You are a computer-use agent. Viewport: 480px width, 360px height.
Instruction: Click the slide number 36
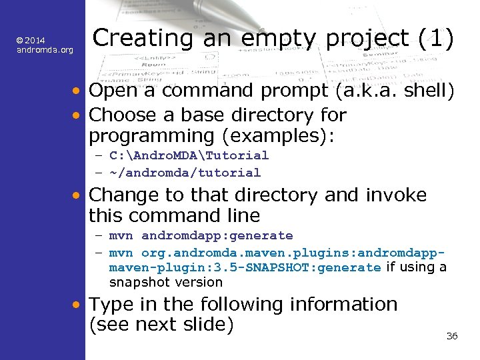tap(451, 336)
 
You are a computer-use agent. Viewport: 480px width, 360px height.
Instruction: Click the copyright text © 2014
tap(31, 41)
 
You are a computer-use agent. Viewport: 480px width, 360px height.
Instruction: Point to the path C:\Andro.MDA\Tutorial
tap(189, 155)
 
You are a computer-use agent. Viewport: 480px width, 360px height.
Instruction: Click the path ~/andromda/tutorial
tap(185, 173)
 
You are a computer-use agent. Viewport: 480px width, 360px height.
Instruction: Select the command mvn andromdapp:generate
tap(201, 235)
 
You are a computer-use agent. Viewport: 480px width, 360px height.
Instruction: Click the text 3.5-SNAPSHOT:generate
tap(311, 267)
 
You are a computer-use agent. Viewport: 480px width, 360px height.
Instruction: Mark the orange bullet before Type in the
tap(78, 305)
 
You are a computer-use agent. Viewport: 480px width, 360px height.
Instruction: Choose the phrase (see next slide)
tap(161, 325)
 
